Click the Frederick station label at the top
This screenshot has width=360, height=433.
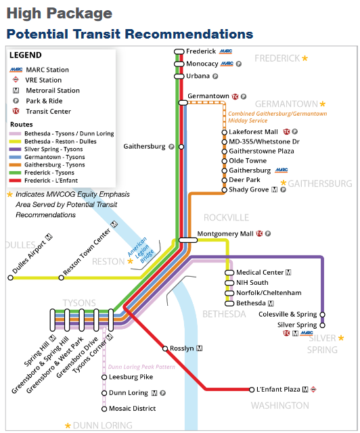pos(201,51)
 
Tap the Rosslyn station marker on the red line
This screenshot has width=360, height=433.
pos(166,349)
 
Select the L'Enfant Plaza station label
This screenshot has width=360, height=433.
pos(278,389)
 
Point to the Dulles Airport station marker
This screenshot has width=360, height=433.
pos(10,277)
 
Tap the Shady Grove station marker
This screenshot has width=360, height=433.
pos(225,190)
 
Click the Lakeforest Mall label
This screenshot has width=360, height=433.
pos(253,131)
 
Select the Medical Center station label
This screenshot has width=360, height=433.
pos(259,273)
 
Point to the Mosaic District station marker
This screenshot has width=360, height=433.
pos(104,409)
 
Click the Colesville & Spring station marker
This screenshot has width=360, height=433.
pos(323,315)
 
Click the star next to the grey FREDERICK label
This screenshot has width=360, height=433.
pos(305,59)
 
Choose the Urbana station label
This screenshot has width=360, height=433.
pos(198,76)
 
